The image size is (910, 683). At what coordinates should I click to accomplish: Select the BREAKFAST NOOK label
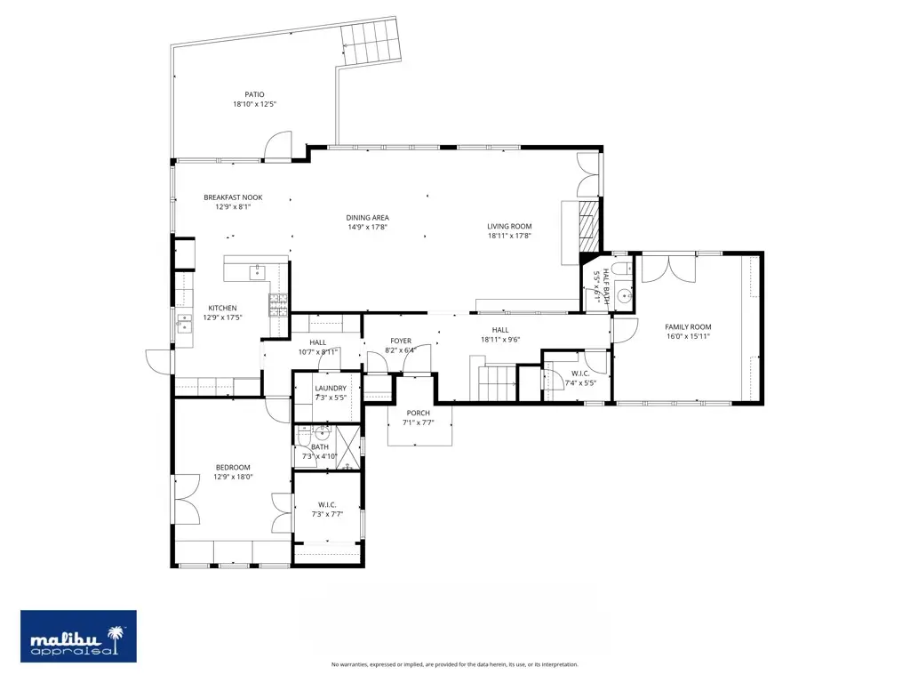point(233,197)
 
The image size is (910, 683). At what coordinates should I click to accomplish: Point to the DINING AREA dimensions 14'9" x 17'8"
point(367,227)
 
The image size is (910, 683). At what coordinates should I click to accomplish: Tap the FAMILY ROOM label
point(688,326)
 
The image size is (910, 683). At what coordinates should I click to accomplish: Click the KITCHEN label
point(222,308)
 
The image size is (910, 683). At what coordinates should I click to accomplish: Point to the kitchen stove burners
point(279,305)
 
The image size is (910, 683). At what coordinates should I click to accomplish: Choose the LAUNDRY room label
point(330,388)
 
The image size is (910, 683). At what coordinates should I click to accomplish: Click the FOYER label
point(400,341)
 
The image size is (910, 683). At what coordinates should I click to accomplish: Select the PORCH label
point(418,413)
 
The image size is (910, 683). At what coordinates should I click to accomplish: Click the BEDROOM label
point(233,467)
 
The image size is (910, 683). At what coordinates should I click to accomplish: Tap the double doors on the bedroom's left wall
point(186,498)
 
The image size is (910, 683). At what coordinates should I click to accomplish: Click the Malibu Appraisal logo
point(79,636)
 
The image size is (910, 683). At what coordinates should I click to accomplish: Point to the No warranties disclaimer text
point(454,664)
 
